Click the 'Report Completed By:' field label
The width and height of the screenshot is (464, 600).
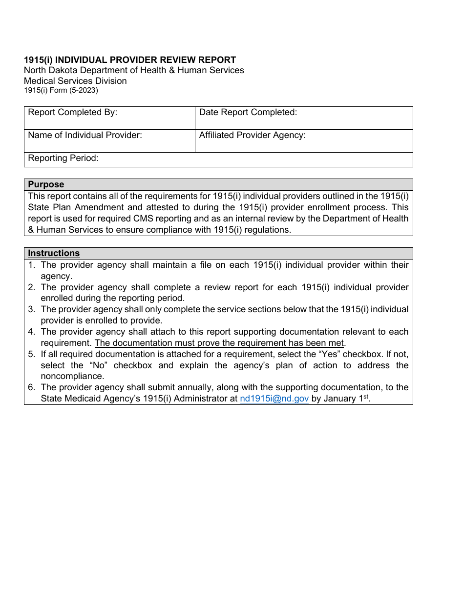click(x=72, y=113)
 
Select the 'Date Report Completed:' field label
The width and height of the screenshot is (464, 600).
click(x=248, y=113)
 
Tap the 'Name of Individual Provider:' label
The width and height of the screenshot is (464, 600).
click(x=84, y=136)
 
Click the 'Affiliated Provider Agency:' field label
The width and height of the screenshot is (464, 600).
click(x=252, y=136)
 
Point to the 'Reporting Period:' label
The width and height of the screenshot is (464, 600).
click(x=63, y=158)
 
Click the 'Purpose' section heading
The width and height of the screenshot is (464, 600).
click(x=46, y=184)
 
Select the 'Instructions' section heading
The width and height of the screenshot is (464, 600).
click(x=54, y=253)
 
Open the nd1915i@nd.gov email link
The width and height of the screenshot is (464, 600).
click(x=274, y=399)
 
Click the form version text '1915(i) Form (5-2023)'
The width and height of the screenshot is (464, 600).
click(x=61, y=90)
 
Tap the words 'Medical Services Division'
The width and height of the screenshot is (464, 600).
click(x=75, y=81)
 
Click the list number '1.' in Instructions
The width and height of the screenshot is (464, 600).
click(x=32, y=265)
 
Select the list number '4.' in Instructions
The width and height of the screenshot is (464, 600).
click(x=32, y=332)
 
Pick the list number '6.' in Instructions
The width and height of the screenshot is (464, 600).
click(x=32, y=388)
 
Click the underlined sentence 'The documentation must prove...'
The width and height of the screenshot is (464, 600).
click(x=219, y=343)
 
